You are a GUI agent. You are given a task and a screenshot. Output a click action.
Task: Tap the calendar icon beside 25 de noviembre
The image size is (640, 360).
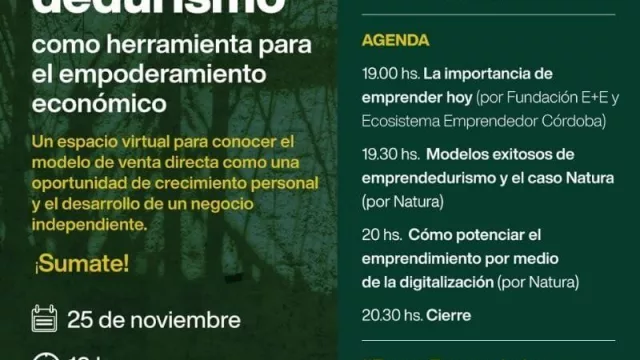[45, 320]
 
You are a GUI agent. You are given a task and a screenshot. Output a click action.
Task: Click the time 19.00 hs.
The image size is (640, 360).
[387, 74]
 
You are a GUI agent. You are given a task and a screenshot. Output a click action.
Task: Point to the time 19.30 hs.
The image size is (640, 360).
[388, 155]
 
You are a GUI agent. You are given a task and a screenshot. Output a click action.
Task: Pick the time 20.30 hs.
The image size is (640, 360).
[388, 315]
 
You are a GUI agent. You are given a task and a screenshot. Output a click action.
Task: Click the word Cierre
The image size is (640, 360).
[448, 315]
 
